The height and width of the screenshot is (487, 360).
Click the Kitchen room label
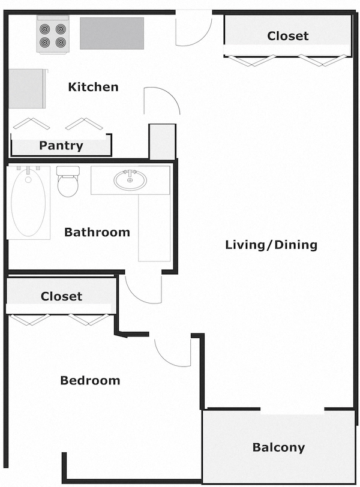click(x=93, y=87)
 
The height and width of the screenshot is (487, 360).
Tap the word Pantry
click(x=61, y=146)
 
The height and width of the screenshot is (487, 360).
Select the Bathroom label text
click(x=97, y=232)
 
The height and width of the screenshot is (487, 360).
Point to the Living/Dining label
click(x=271, y=245)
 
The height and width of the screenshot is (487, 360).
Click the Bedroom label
click(x=90, y=380)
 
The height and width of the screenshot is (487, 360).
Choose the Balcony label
click(x=278, y=447)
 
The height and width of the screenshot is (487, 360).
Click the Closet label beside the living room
click(x=288, y=36)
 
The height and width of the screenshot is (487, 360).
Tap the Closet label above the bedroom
click(x=61, y=296)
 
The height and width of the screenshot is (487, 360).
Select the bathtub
click(x=28, y=204)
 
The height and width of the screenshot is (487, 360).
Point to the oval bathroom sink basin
click(x=130, y=180)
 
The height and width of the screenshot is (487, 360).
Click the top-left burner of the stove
click(x=45, y=28)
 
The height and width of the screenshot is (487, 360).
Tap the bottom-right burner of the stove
click(x=60, y=42)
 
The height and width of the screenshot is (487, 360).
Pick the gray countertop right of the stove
click(x=112, y=33)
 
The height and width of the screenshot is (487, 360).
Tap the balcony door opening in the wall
click(x=293, y=411)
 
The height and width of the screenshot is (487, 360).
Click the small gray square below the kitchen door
click(x=162, y=142)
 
